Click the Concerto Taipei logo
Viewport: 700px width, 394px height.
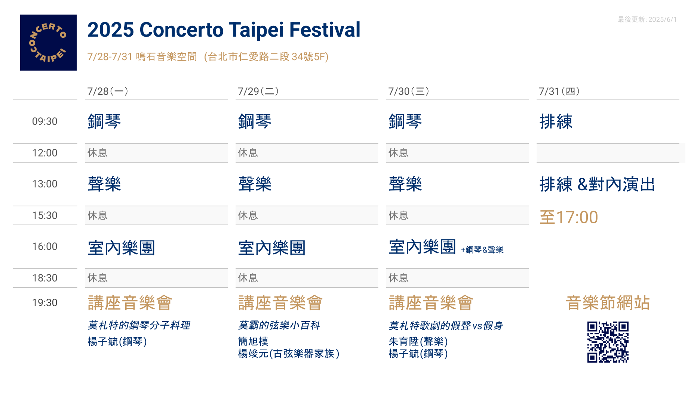tap(48, 43)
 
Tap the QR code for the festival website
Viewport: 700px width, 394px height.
tap(608, 342)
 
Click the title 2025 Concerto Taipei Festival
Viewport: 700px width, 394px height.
tap(224, 30)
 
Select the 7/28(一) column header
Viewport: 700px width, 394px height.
tap(108, 91)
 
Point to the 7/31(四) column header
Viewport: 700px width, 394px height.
tap(559, 91)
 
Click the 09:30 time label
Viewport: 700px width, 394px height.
tap(45, 121)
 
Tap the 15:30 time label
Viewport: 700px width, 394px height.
tap(45, 215)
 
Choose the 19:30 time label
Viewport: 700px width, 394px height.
tap(45, 303)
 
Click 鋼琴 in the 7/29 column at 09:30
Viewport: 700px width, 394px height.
tap(255, 122)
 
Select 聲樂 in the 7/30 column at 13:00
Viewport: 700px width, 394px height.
tap(405, 184)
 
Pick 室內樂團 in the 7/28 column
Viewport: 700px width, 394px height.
tap(122, 248)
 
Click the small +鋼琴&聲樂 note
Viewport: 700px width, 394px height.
tap(482, 250)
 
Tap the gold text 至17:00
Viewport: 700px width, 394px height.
tap(569, 217)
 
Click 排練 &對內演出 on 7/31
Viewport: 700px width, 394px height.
tap(597, 184)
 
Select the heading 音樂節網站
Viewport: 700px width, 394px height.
tap(608, 303)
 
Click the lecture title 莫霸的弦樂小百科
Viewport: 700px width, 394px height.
tap(279, 325)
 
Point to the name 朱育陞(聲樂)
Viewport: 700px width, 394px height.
tap(418, 341)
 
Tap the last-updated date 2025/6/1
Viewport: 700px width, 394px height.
tap(663, 19)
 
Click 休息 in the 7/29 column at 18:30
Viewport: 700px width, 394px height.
tap(248, 278)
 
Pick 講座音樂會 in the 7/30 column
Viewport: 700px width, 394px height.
tap(431, 303)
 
